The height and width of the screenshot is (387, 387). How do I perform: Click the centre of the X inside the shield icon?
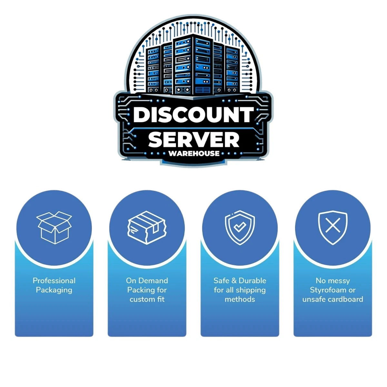[333, 225]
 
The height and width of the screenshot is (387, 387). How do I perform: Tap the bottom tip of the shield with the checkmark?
[240, 245]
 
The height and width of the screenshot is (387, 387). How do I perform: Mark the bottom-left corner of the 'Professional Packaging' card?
[15, 337]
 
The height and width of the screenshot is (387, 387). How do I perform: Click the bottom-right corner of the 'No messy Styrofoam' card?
[372, 337]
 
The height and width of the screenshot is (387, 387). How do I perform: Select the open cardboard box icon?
[54, 227]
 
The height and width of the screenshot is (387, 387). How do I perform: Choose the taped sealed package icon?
[147, 228]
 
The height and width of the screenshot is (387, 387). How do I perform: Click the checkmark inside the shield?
[240, 227]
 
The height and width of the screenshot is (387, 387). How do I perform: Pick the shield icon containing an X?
[333, 228]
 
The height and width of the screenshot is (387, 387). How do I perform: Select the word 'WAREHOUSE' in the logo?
[194, 154]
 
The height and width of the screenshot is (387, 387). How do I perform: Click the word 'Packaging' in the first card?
[54, 290]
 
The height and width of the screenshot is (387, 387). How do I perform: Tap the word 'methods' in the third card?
[240, 299]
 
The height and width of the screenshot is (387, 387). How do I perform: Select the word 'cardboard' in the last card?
[345, 299]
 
